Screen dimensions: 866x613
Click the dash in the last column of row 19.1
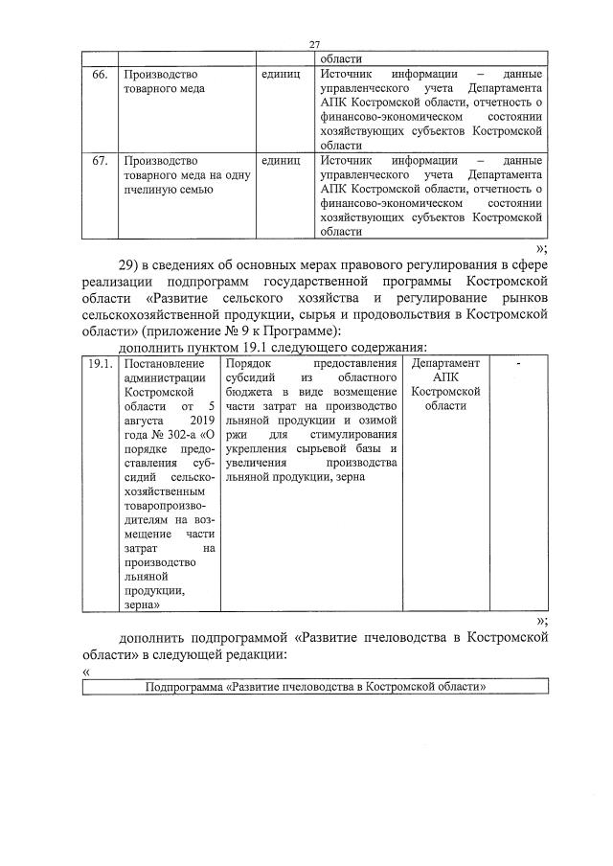point(517,364)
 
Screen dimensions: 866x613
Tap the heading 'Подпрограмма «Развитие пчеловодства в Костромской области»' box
point(316,688)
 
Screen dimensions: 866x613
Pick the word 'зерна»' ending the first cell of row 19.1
point(141,604)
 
